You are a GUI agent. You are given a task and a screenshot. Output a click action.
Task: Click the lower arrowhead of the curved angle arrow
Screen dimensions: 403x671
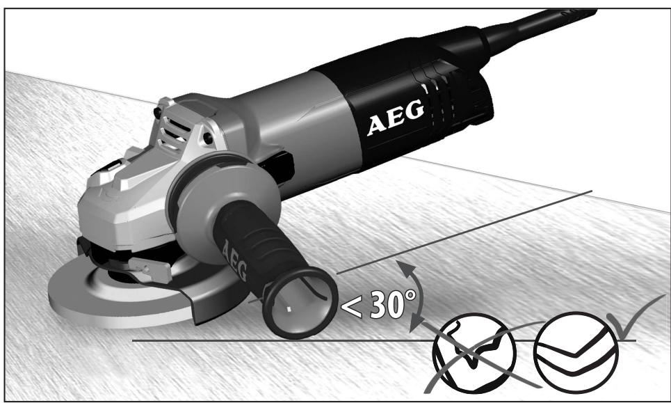click(415, 322)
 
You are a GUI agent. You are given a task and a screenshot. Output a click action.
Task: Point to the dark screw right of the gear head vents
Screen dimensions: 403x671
click(208, 139)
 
